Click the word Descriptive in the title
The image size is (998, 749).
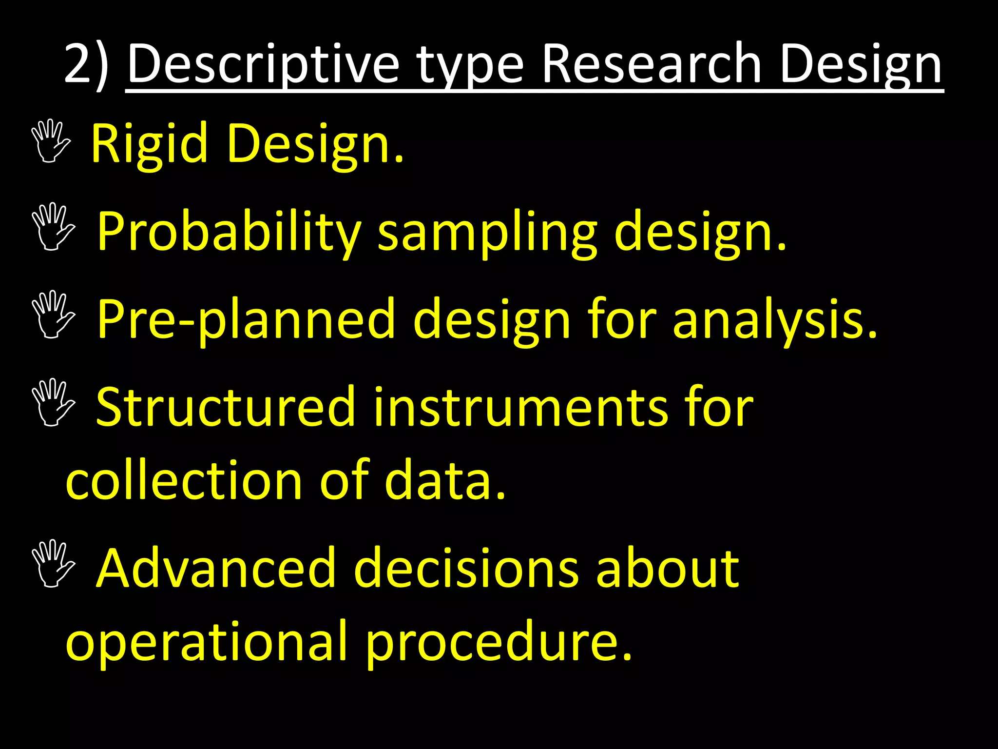click(263, 64)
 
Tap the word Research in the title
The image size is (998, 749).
click(651, 64)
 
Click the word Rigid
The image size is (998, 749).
click(149, 144)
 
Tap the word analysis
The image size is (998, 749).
click(775, 319)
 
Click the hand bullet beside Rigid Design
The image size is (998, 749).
click(51, 141)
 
